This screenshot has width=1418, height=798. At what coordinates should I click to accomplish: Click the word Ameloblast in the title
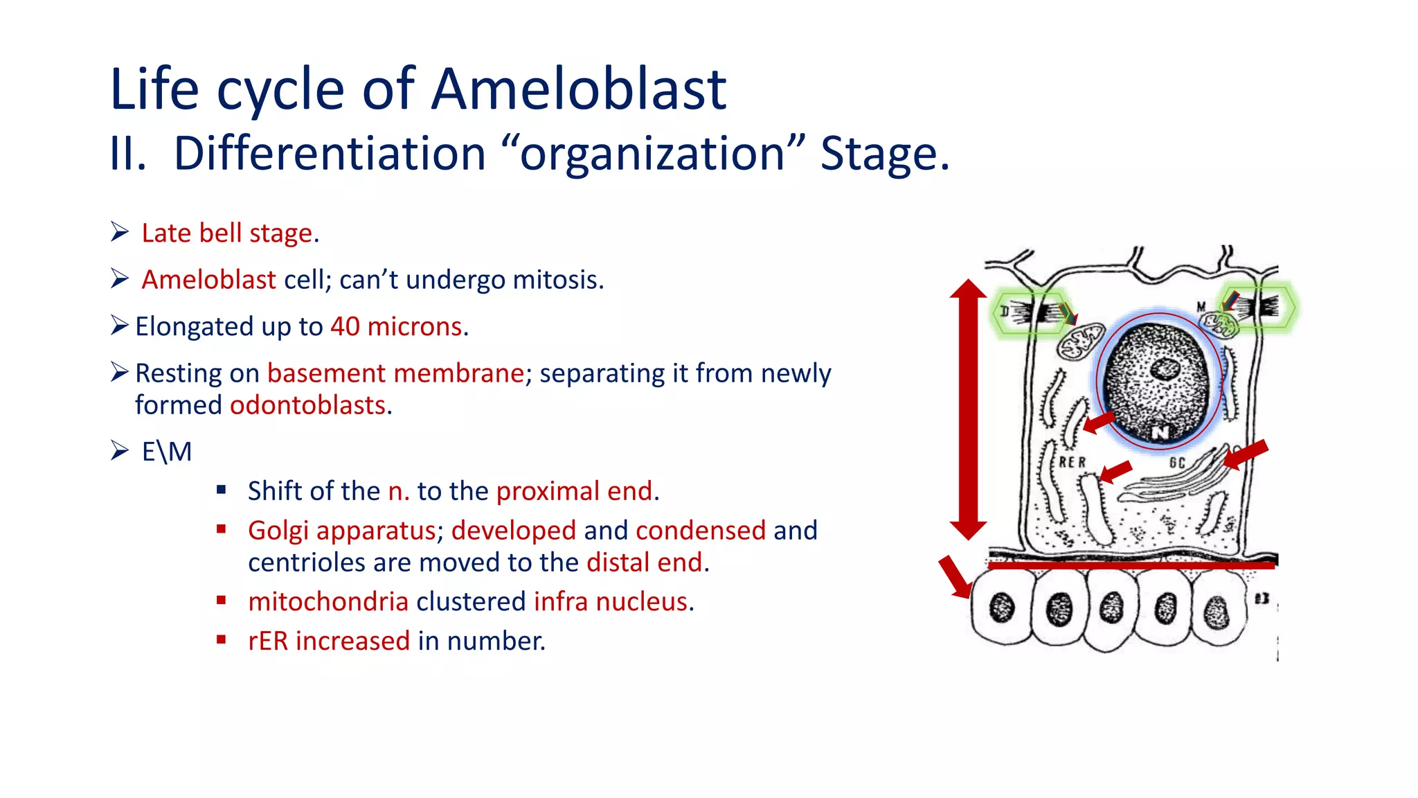pyautogui.click(x=578, y=90)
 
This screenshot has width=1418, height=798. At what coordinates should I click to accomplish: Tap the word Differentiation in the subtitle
pyautogui.click(x=329, y=154)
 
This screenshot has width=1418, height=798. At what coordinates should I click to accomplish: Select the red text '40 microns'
pyautogui.click(x=396, y=326)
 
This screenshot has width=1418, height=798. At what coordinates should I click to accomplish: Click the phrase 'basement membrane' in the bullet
pyautogui.click(x=395, y=373)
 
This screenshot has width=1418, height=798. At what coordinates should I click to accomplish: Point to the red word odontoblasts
pyautogui.click(x=307, y=405)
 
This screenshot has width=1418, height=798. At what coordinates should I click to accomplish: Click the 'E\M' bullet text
pyautogui.click(x=167, y=452)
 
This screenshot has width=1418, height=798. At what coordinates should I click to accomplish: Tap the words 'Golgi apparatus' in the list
pyautogui.click(x=342, y=531)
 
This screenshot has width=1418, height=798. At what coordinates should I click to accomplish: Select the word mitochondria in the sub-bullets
pyautogui.click(x=328, y=602)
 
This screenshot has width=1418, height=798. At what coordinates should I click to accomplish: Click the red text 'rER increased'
pyautogui.click(x=329, y=641)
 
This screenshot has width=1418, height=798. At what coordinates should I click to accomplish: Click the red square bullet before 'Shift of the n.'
pyautogui.click(x=222, y=490)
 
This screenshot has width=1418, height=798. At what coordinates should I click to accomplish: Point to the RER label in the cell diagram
pyautogui.click(x=1073, y=462)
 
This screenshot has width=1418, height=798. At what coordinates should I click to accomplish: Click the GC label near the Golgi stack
pyautogui.click(x=1177, y=463)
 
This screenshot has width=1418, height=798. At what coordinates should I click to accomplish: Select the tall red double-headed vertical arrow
pyautogui.click(x=968, y=409)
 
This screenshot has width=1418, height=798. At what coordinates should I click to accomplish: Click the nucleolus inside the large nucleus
pyautogui.click(x=1165, y=369)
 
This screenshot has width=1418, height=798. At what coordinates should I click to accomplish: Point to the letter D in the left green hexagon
pyautogui.click(x=1005, y=311)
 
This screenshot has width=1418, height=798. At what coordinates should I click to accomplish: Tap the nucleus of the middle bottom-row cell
pyautogui.click(x=1111, y=608)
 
